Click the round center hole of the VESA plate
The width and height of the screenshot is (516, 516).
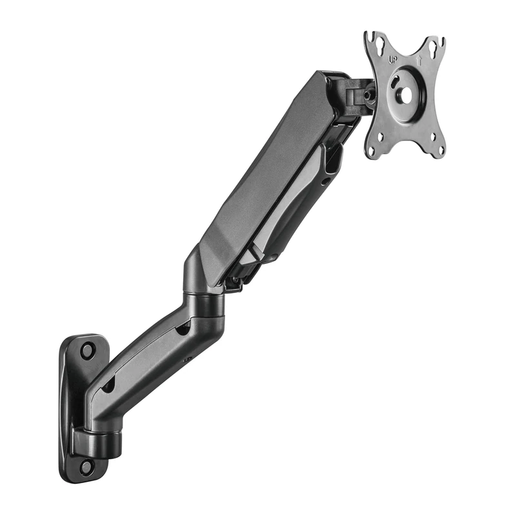coord(406,94)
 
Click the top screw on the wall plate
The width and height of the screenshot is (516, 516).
coord(87,352)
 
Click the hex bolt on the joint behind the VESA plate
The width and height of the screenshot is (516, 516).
coord(368,95)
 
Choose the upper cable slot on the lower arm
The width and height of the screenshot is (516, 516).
coord(183,329)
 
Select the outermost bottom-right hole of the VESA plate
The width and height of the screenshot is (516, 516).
coord(441,152)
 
